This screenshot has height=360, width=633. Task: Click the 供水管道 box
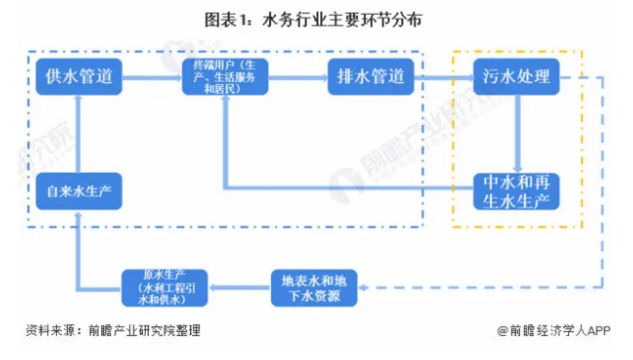pos(79,77)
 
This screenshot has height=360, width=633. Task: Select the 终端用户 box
pos(226,77)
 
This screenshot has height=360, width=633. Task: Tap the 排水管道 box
pos(371,77)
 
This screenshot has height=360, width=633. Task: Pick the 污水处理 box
pos(516,77)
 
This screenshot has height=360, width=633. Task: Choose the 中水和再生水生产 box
pos(516,191)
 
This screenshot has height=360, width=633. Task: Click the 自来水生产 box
pos(79,191)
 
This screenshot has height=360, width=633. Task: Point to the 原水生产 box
pos(164,288)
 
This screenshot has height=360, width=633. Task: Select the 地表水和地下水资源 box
pos(314,288)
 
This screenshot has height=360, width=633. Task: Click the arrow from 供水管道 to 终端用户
pos(151,77)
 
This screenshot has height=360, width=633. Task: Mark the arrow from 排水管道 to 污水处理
pos(443,77)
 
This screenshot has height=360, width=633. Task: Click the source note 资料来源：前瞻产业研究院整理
pos(113,330)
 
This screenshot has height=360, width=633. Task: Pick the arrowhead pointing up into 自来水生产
pos(79,215)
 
